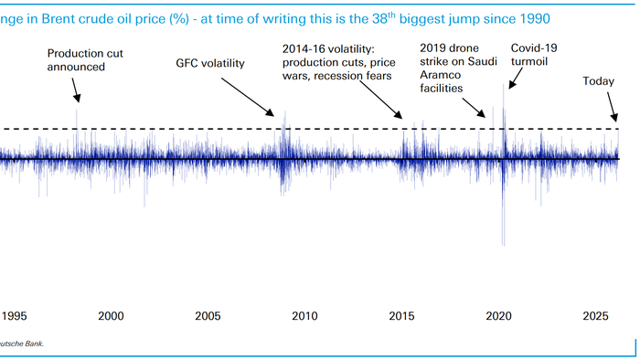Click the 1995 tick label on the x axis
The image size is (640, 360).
point(14,316)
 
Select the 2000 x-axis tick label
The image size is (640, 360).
point(111,316)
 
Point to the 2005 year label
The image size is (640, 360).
point(208,316)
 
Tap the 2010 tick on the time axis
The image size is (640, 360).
point(304,316)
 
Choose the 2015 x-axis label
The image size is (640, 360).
point(402,316)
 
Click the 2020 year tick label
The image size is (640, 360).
point(499,316)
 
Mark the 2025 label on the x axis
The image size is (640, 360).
point(596,316)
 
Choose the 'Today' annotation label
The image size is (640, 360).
point(599,81)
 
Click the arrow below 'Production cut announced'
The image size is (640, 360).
point(77,89)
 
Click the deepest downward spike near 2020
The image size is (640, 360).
point(503,243)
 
